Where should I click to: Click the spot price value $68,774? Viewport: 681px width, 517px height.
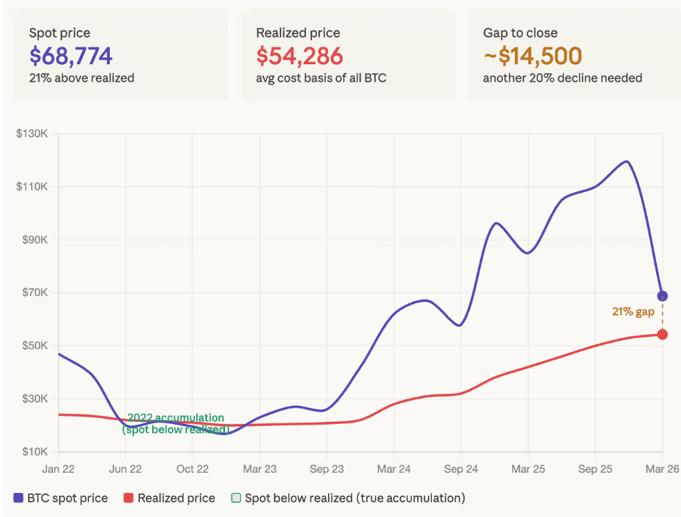tap(70, 56)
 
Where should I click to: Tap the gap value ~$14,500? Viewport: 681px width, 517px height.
tap(532, 56)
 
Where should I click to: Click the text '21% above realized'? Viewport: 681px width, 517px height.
tap(81, 78)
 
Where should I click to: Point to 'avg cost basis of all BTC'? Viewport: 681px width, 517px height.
tap(321, 78)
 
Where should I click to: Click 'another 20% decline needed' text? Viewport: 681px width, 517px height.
tap(562, 78)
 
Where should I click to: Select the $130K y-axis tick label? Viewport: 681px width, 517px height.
tap(31, 133)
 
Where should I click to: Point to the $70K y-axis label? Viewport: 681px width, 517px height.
tap(33, 293)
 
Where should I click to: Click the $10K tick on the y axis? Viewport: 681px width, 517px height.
tap(33, 452)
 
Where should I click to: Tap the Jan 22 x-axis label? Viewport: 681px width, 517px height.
tap(58, 469)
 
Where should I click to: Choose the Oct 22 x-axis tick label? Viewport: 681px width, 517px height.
tap(192, 469)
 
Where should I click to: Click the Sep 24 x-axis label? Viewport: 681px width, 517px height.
tap(461, 469)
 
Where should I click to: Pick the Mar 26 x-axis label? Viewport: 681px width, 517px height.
tap(662, 469)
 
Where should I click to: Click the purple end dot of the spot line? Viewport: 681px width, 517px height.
tap(662, 296)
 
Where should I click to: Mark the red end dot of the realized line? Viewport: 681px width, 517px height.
tap(662, 334)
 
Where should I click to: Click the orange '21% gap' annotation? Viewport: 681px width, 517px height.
tap(633, 312)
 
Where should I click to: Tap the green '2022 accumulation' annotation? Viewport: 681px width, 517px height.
tap(175, 418)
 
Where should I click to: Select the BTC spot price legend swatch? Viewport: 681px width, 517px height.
tap(18, 498)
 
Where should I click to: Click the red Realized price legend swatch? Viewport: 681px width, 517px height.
tap(128, 498)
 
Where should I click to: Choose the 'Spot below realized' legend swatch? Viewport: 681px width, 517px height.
tap(236, 498)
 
